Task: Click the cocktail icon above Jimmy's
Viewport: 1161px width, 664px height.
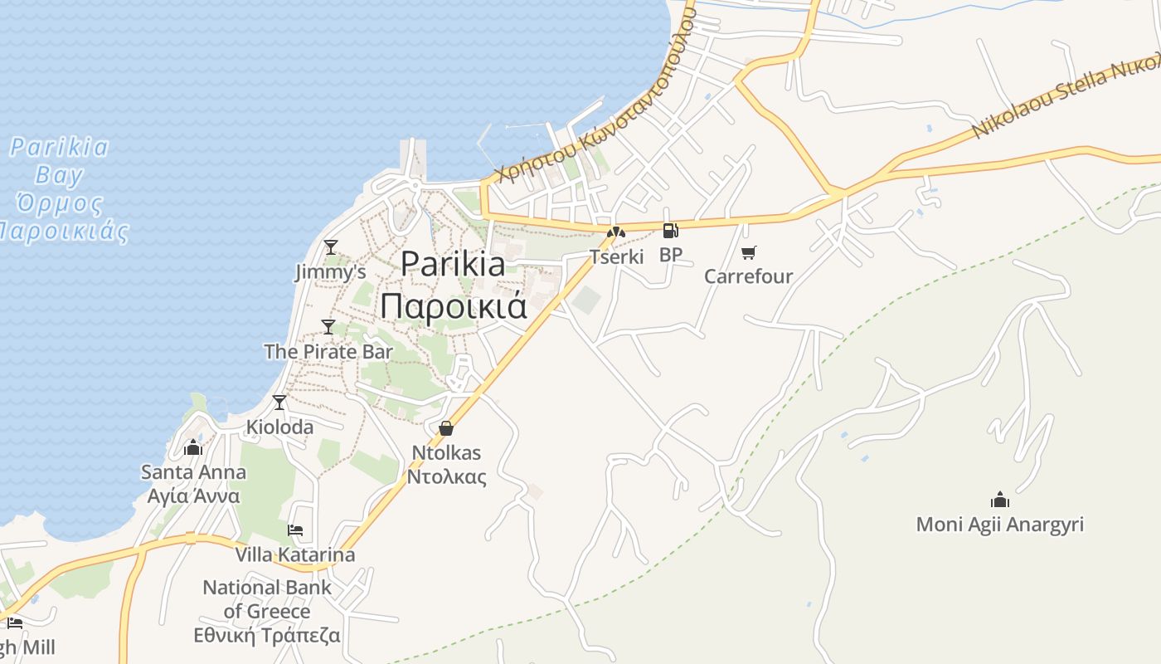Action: (331, 247)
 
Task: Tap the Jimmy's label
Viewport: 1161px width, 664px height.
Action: (330, 272)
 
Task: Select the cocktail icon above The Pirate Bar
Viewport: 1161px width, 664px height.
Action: (328, 326)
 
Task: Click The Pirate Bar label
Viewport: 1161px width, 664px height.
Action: (328, 351)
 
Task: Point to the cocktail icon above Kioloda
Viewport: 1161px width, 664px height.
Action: (279, 403)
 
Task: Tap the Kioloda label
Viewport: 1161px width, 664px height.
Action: (280, 427)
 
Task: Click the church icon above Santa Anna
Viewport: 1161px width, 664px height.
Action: (193, 448)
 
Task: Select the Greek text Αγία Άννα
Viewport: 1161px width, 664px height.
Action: (193, 496)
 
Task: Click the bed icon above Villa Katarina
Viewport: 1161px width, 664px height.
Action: (295, 530)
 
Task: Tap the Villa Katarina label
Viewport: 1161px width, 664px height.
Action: (295, 554)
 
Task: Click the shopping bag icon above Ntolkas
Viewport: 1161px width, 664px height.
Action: (446, 428)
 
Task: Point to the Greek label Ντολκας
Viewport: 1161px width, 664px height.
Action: (446, 477)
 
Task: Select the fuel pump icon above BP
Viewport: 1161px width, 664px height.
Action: (670, 231)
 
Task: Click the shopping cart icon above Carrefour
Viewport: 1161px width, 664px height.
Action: (749, 252)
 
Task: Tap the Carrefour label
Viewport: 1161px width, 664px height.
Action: (749, 276)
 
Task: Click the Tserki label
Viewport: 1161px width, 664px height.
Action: (616, 256)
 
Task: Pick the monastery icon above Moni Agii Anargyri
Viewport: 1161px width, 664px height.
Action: (1000, 500)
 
